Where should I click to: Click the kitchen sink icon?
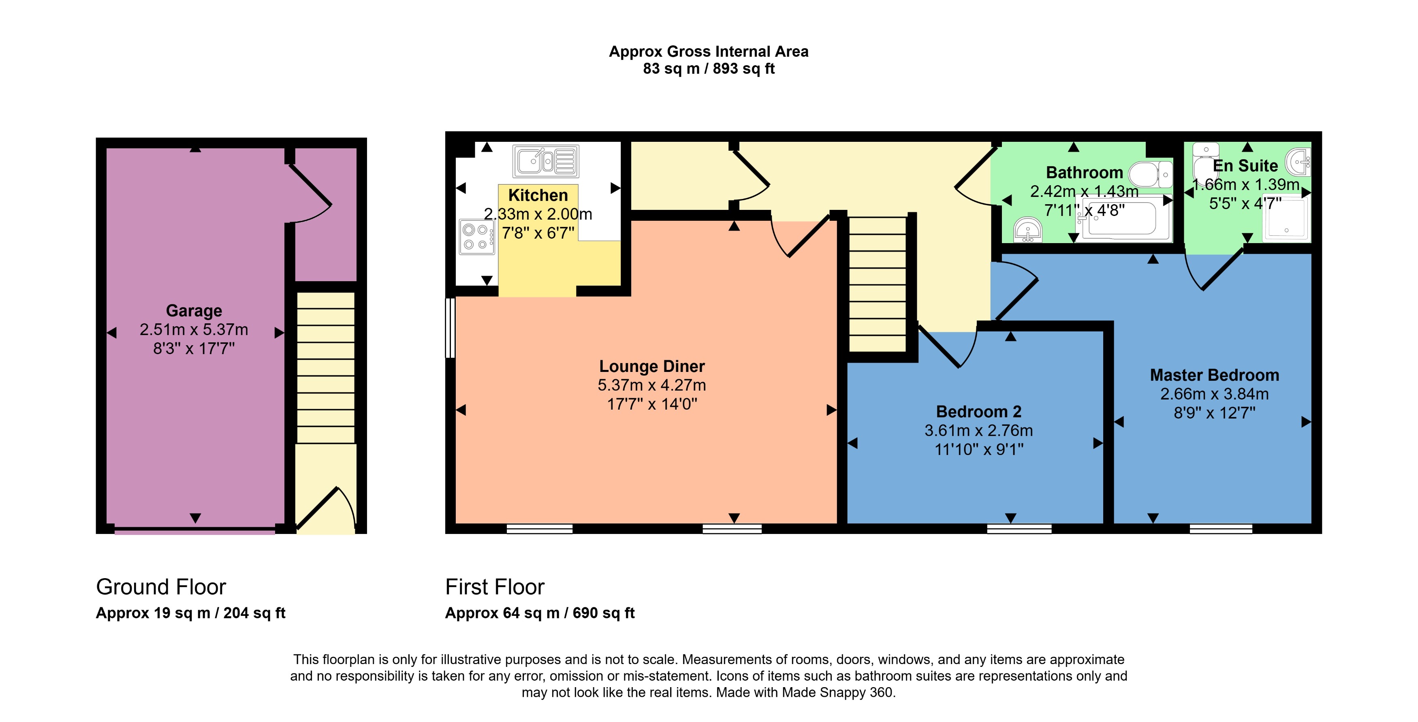(545, 161)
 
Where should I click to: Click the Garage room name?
(194, 310)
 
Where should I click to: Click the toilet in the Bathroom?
(1151, 175)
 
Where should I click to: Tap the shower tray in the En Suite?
(1286, 220)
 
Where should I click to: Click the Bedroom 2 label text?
(978, 411)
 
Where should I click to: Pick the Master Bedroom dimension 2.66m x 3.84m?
(1214, 394)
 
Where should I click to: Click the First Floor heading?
(494, 587)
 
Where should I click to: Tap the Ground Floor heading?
(161, 587)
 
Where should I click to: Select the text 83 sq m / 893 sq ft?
(709, 69)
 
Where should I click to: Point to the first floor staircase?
(878, 284)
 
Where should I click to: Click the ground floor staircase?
(325, 367)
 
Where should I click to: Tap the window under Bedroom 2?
(1019, 529)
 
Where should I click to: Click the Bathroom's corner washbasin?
(1027, 230)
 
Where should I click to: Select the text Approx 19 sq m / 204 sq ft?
(190, 613)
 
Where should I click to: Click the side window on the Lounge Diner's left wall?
(450, 328)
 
